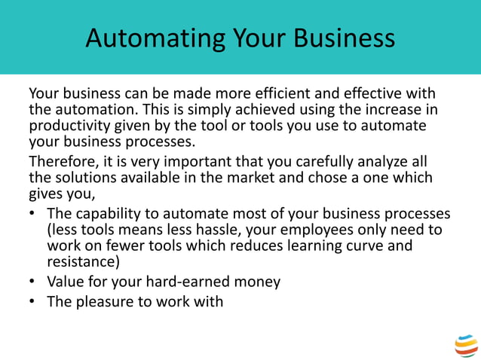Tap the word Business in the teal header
click(345, 38)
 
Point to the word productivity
click(69, 126)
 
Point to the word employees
click(317, 230)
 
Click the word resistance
click(83, 261)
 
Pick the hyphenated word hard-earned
click(188, 282)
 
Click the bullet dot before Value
click(32, 281)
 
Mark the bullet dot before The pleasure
click(32, 301)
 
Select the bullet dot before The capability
click(32, 213)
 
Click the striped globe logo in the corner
click(466, 346)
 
